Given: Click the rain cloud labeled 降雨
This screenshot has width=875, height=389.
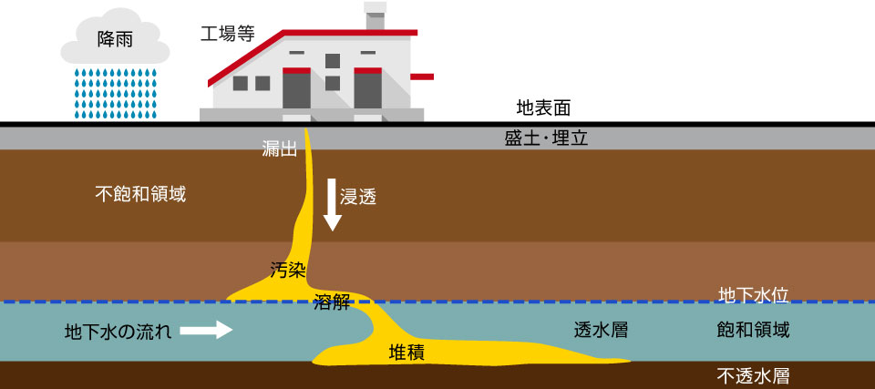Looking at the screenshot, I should pyautogui.click(x=114, y=40).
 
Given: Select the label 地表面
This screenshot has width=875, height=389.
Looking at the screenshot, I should pyautogui.click(x=543, y=109).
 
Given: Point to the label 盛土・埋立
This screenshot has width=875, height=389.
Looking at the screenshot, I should pyautogui.click(x=546, y=138).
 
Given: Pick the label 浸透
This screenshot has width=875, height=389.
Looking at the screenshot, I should pyautogui.click(x=358, y=196).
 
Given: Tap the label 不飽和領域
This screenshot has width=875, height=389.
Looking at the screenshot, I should pyautogui.click(x=140, y=194).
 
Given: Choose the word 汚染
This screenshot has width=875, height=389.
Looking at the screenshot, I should pyautogui.click(x=288, y=270).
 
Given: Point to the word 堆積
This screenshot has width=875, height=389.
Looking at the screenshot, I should pyautogui.click(x=407, y=352).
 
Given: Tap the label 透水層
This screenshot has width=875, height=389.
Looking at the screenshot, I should pyautogui.click(x=602, y=330).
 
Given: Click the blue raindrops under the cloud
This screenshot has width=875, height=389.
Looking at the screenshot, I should pyautogui.click(x=115, y=91).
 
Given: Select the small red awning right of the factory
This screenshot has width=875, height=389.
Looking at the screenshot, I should pyautogui.click(x=423, y=75).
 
